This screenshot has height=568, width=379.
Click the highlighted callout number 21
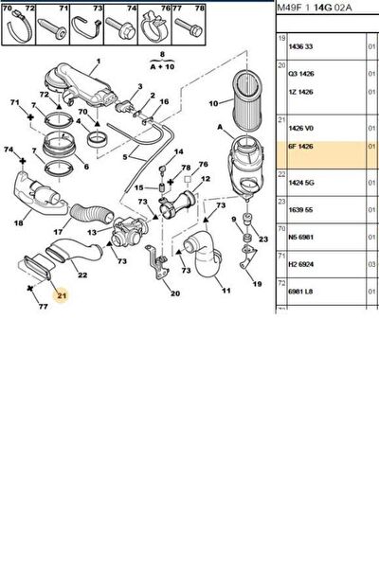[x=62, y=295]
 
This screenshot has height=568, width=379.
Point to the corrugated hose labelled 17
[x=93, y=215]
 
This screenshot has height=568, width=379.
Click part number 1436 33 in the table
[x=300, y=46]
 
